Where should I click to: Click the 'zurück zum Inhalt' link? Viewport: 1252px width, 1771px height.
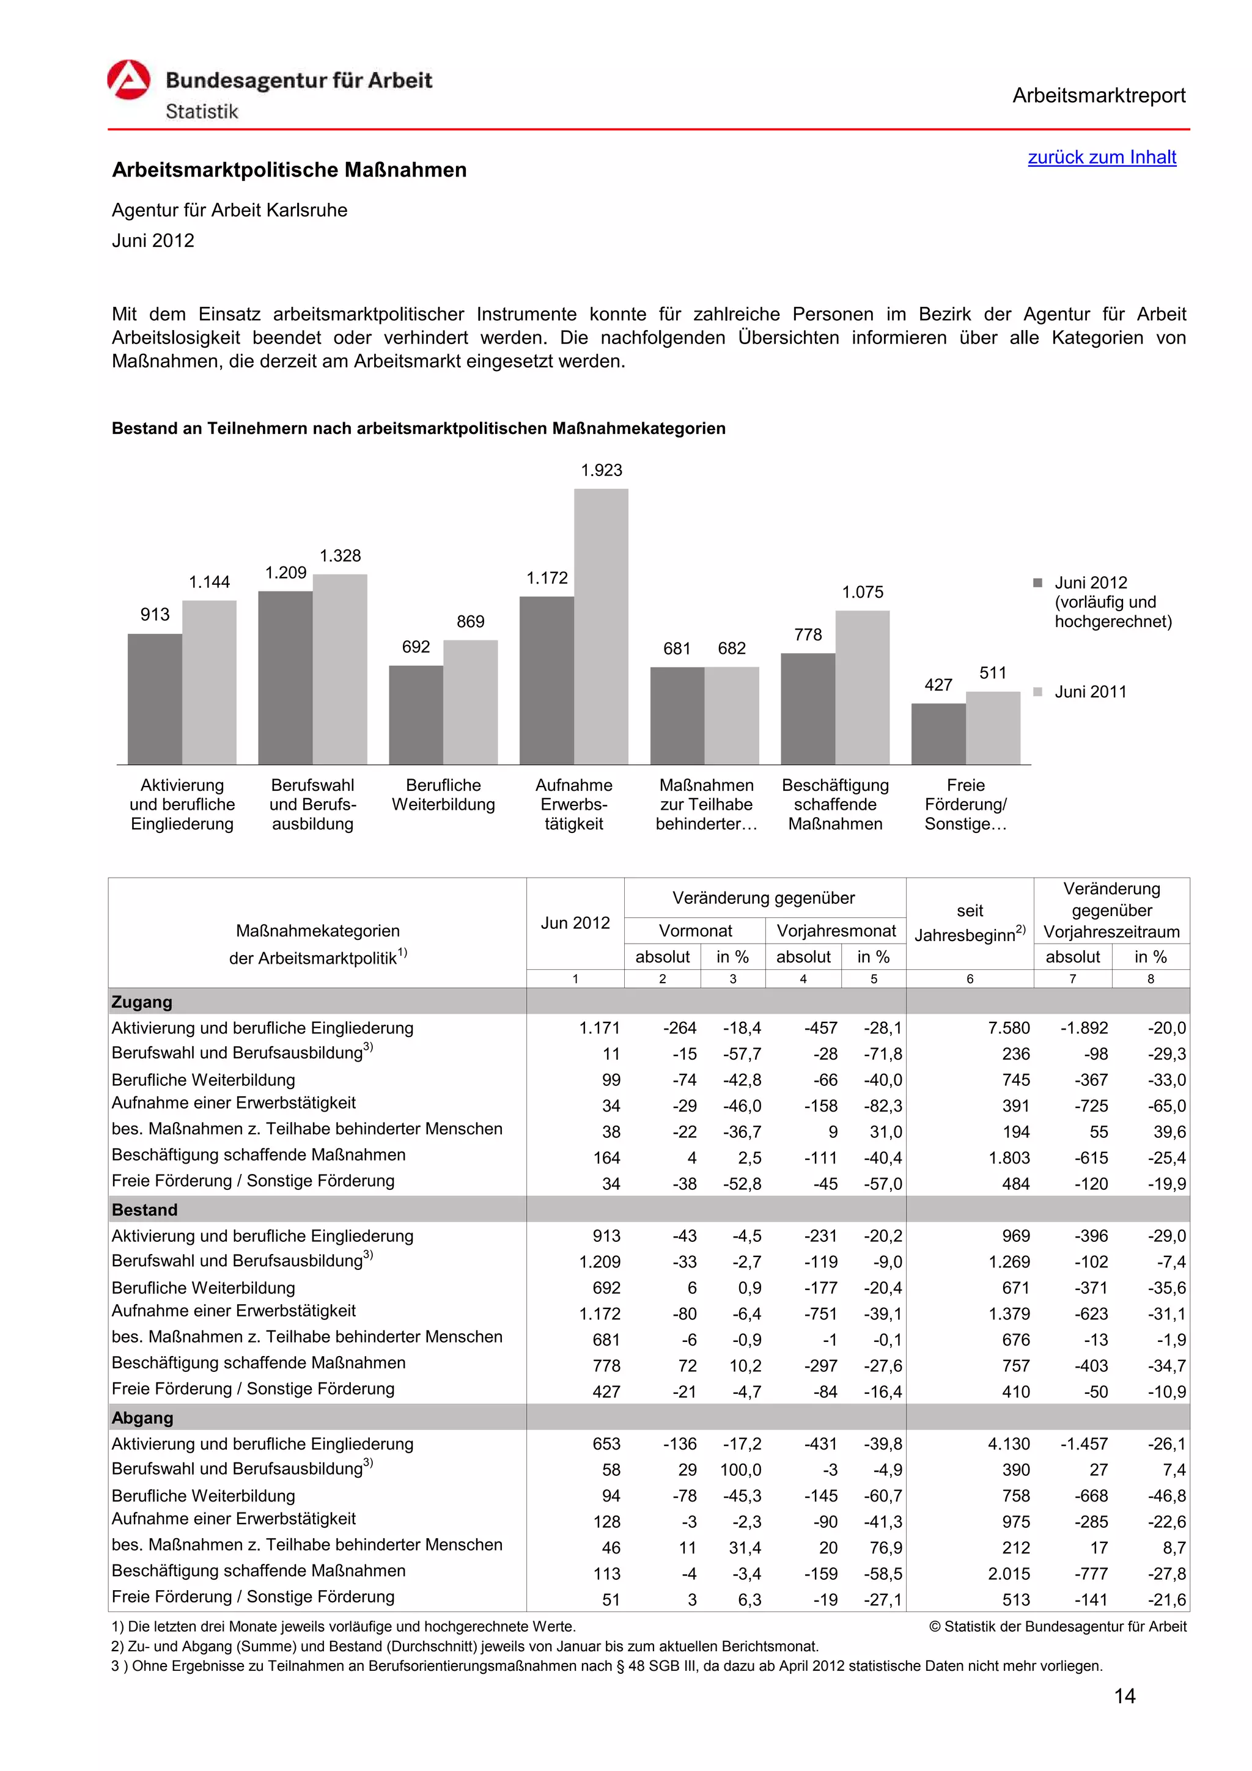(x=1101, y=157)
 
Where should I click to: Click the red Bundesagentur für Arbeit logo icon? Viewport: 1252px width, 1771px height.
(x=129, y=79)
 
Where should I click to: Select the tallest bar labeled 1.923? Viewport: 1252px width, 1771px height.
(x=600, y=626)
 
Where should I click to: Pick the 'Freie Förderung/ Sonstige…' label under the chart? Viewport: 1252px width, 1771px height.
(x=965, y=804)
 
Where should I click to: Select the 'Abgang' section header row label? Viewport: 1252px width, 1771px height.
(x=142, y=1417)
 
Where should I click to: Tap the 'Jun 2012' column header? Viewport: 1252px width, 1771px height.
(x=575, y=923)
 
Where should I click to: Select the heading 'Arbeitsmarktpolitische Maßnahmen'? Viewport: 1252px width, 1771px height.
(x=289, y=170)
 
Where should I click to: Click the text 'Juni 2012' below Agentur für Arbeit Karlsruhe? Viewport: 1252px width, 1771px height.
(x=153, y=241)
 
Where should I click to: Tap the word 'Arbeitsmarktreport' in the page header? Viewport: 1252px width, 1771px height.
(x=1098, y=96)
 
